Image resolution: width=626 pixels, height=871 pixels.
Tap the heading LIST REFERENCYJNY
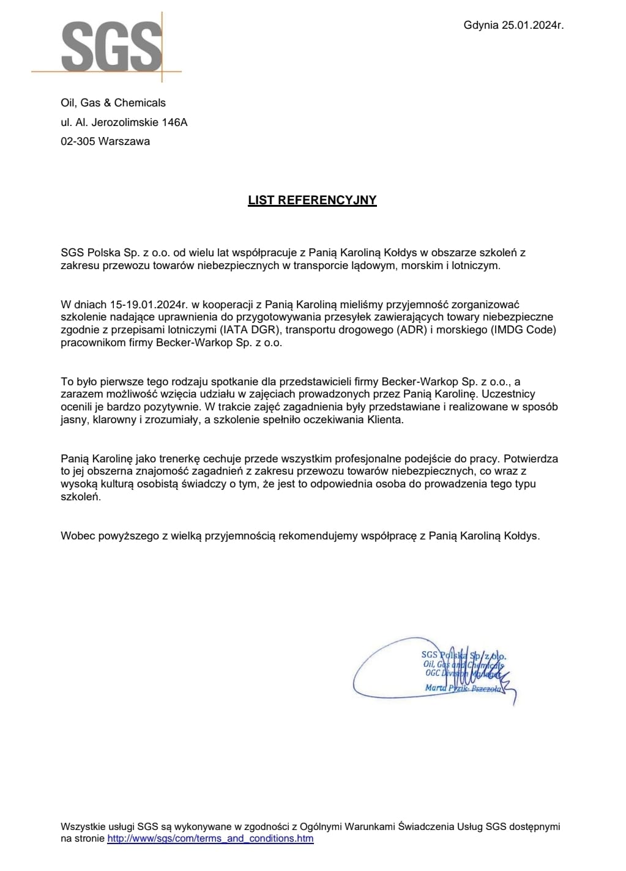tap(312, 200)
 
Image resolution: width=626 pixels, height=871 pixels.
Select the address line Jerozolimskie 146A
tap(140, 122)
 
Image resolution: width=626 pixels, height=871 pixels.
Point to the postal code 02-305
tap(78, 141)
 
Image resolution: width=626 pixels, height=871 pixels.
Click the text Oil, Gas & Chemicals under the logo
tap(113, 103)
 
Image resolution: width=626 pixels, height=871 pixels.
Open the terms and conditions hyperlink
tap(210, 839)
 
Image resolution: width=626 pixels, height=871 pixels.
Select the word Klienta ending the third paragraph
tap(384, 420)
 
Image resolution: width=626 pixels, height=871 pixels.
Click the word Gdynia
tap(481, 25)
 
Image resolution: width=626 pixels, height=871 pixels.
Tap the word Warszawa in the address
tap(124, 141)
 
